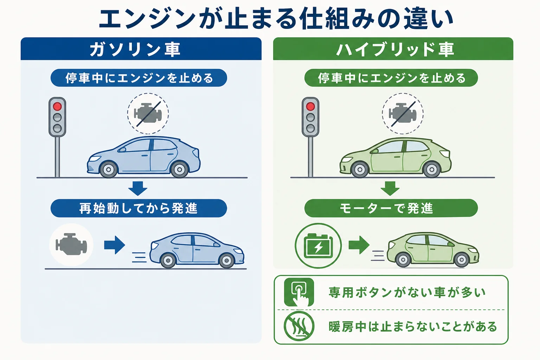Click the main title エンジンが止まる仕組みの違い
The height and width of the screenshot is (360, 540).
(276, 19)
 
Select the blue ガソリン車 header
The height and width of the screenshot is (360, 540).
(141, 49)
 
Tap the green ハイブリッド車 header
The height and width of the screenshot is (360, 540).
(393, 49)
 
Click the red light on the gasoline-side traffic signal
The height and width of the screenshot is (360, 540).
(57, 106)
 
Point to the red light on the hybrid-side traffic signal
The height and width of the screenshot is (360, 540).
(310, 106)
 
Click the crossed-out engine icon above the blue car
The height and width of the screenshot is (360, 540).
(148, 114)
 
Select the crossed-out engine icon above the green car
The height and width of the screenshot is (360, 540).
(403, 114)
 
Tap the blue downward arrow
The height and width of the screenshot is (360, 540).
(138, 188)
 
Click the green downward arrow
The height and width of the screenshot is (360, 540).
(390, 188)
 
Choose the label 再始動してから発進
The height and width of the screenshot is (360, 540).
(139, 208)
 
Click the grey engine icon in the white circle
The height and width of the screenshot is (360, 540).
(71, 245)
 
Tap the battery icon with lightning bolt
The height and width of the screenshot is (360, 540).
(319, 246)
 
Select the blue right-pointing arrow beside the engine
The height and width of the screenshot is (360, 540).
(115, 245)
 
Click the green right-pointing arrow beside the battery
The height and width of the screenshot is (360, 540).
(359, 245)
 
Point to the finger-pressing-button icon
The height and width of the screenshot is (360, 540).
(299, 292)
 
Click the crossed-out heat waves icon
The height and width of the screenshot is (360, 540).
(299, 326)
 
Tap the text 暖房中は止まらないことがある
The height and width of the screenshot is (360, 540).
(413, 327)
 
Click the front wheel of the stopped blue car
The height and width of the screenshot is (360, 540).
(109, 169)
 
